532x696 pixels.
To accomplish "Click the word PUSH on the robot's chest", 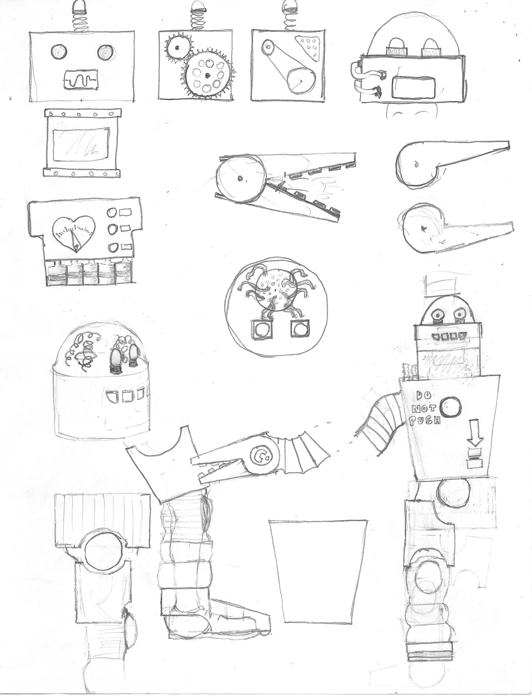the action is [424, 420].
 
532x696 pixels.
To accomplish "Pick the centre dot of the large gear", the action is [207, 75].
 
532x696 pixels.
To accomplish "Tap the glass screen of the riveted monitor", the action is [82, 144].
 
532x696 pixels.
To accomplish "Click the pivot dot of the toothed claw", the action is [240, 179].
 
